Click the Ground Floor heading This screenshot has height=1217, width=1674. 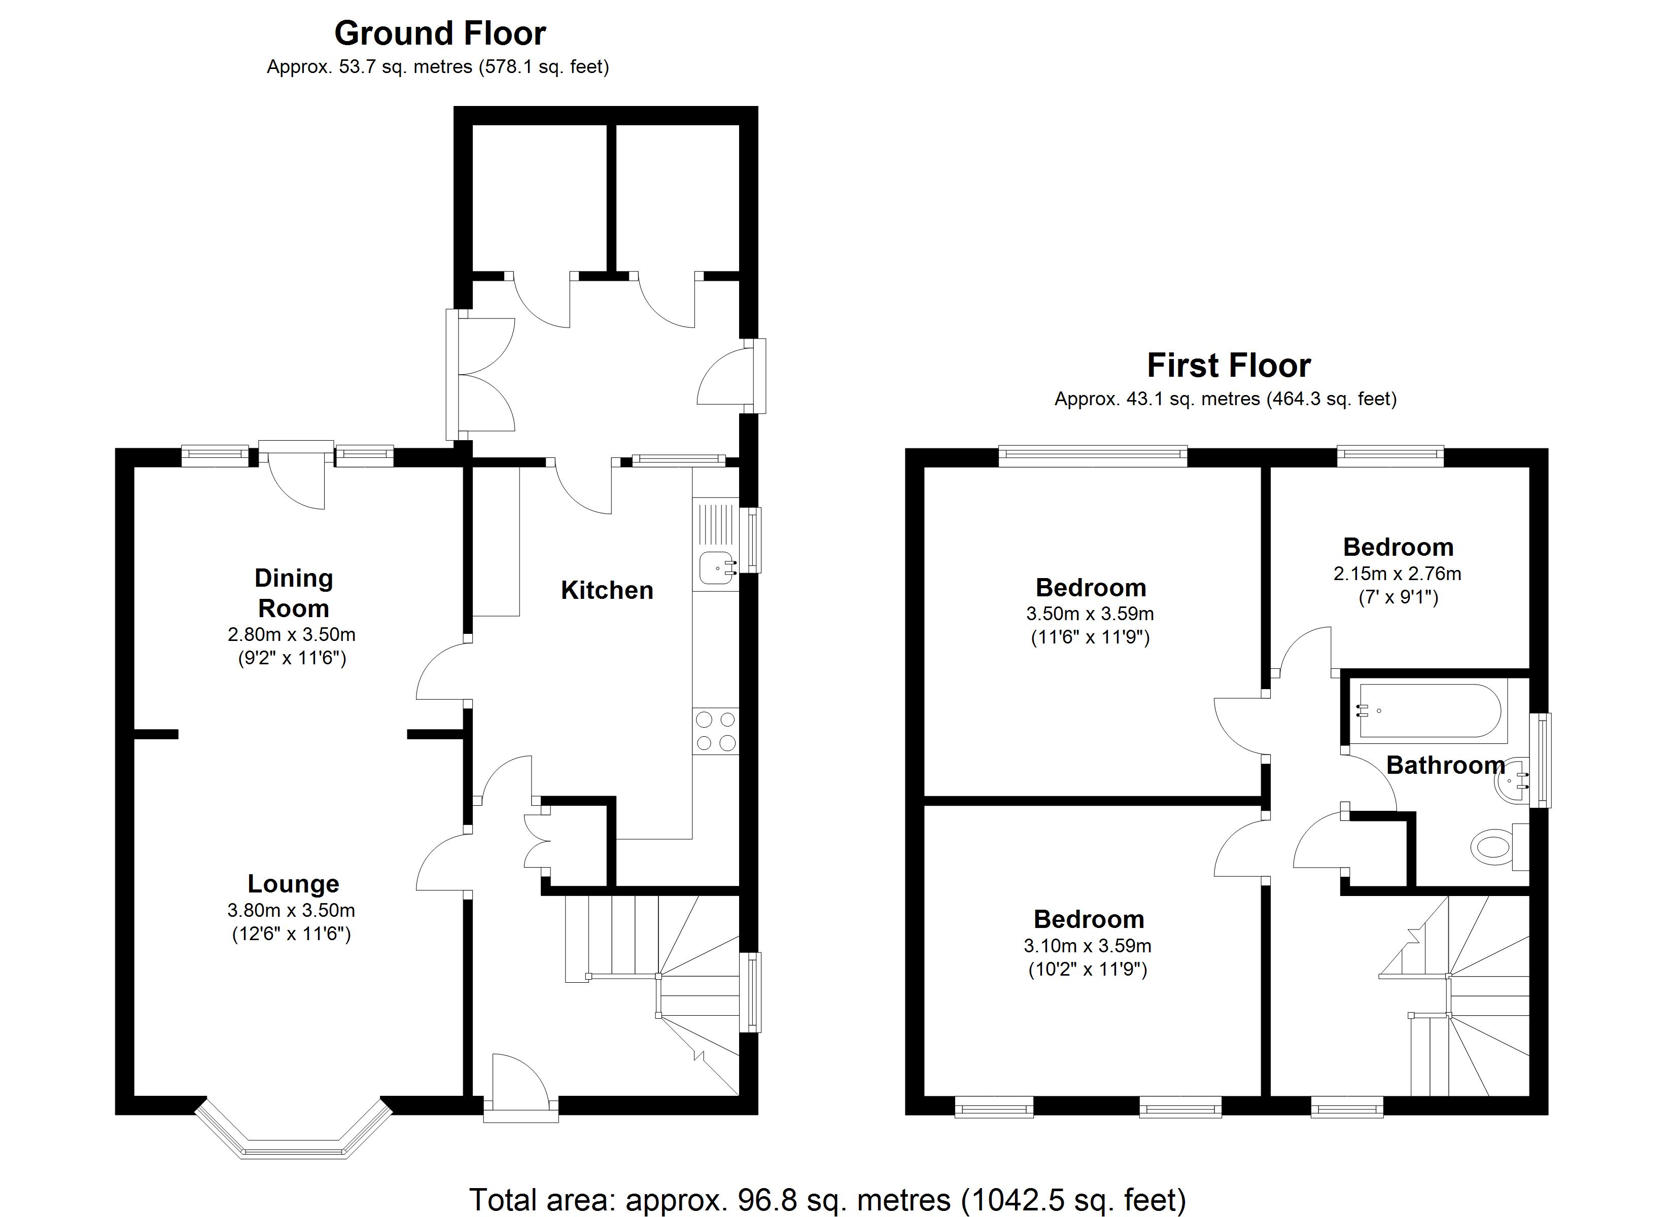(x=440, y=33)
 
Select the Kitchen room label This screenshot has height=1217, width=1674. (x=607, y=590)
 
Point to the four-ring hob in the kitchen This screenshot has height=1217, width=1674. (x=715, y=731)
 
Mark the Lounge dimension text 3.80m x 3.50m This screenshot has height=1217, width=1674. (x=292, y=911)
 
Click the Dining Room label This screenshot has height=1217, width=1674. (x=293, y=593)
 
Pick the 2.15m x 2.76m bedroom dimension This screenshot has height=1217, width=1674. (x=1397, y=574)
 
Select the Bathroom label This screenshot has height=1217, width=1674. (x=1444, y=765)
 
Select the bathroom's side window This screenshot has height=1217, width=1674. (x=1541, y=760)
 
